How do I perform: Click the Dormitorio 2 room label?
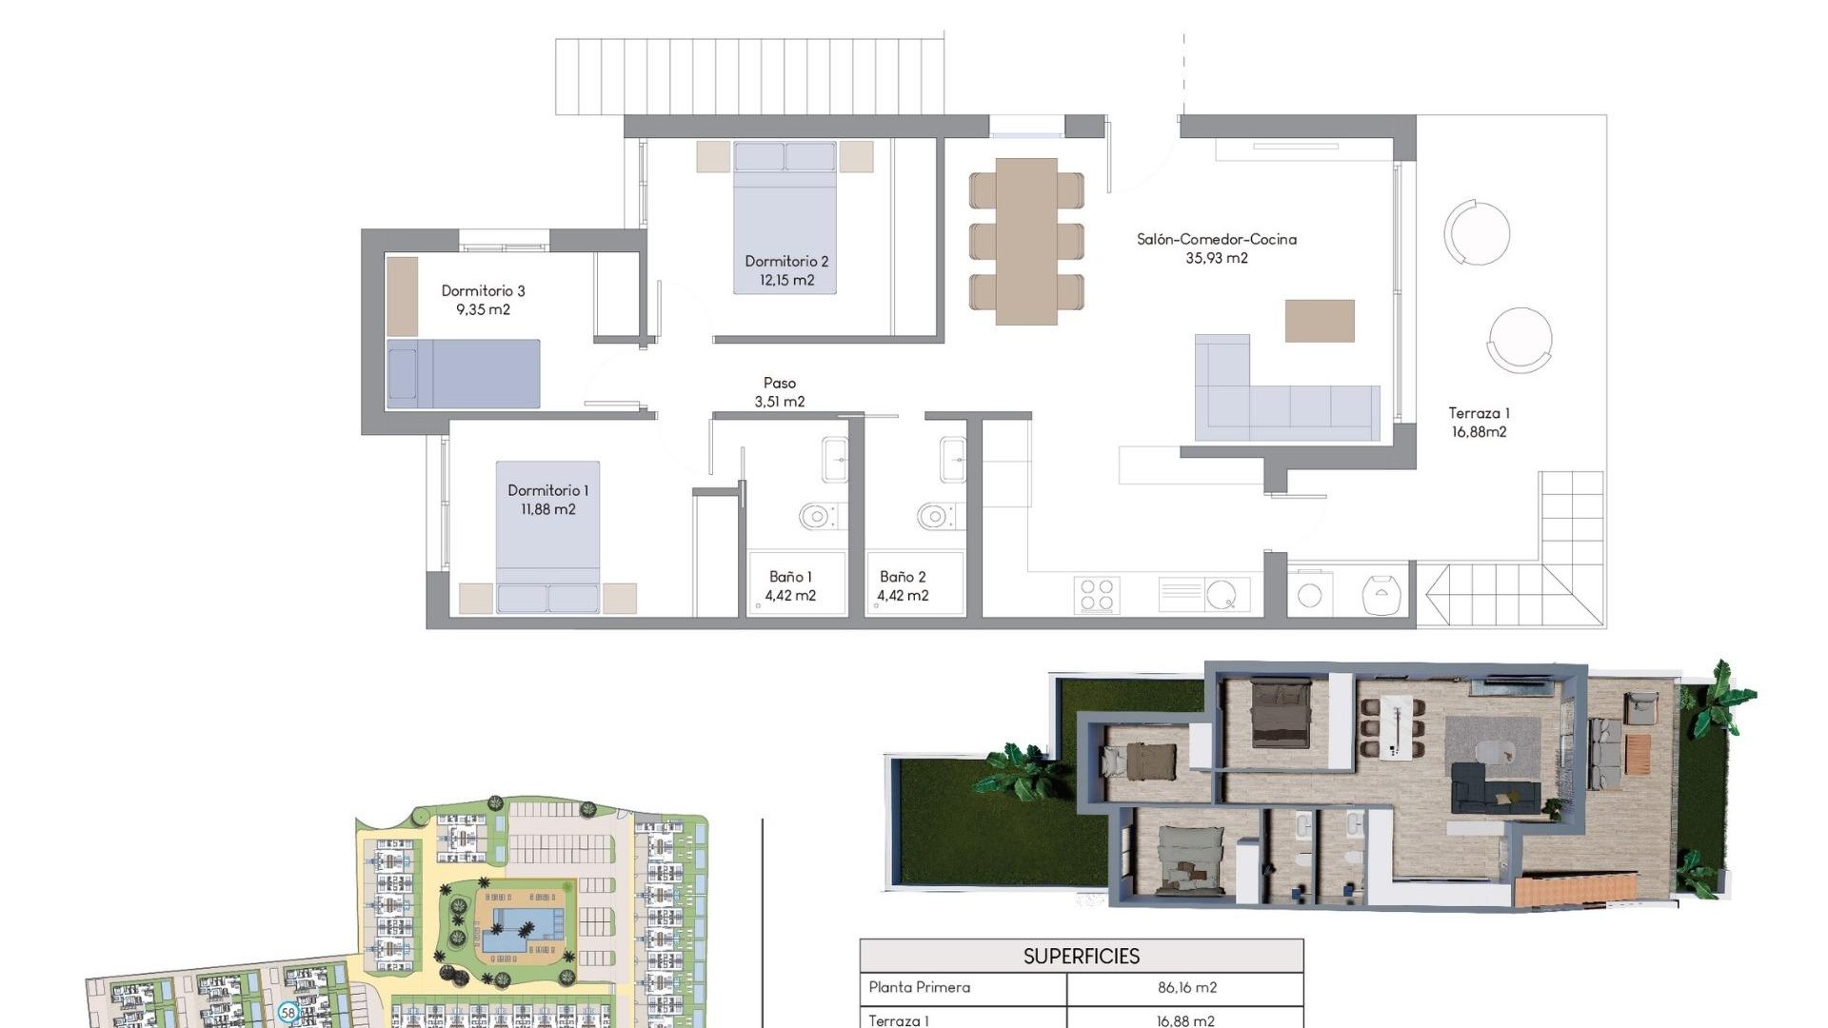pos(786,261)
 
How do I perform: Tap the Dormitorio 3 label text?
pos(483,290)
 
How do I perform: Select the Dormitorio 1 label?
pos(547,490)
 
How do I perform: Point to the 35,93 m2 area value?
pos(1216,258)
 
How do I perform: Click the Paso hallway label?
pos(779,383)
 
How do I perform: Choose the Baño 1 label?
pos(790,577)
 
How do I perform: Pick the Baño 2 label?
pos(903,577)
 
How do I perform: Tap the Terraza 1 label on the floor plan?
pos(1479,413)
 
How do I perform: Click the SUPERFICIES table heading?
pos(1081,956)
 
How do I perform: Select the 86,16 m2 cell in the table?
pos(1186,988)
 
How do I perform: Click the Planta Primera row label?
pos(919,988)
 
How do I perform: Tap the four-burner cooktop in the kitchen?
pos(1097,595)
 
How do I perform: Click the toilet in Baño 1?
pos(816,517)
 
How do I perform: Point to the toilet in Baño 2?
pos(935,517)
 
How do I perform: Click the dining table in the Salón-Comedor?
pos(1026,241)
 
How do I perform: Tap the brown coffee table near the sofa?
pos(1320,321)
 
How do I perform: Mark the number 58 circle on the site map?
pos(288,1012)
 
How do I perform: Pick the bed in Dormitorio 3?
pos(464,374)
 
